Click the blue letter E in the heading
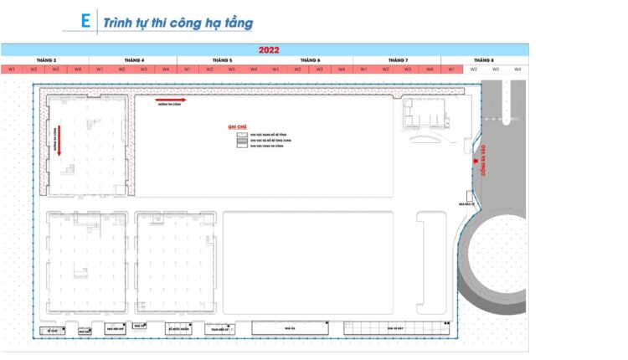point(85,21)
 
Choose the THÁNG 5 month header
point(221,60)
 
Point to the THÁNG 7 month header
point(397,60)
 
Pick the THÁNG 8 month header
point(485,60)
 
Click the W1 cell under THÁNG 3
point(12,69)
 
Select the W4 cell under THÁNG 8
point(517,69)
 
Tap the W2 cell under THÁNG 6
point(297,69)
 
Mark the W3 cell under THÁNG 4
point(143,69)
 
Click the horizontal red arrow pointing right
point(172,100)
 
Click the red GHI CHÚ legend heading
point(236,127)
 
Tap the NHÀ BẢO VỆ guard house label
point(466,203)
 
